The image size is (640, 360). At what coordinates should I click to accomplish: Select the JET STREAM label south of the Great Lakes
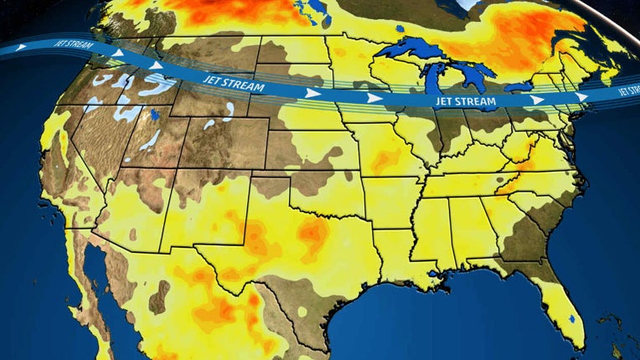[465, 101]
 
